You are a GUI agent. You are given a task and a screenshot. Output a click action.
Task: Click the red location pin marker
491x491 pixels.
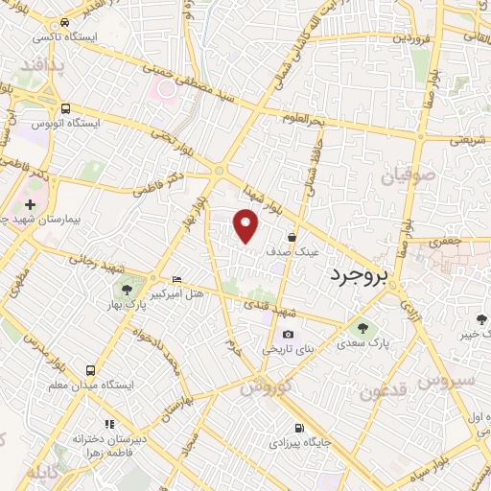click(247, 225)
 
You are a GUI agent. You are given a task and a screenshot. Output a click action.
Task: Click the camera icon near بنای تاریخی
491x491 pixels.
click(289, 333)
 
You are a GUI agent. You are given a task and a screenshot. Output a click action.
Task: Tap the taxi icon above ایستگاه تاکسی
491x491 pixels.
click(64, 22)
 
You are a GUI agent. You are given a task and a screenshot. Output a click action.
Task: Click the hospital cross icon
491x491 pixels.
click(31, 204)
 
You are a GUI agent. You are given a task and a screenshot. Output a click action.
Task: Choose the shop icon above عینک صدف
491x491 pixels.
click(292, 237)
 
